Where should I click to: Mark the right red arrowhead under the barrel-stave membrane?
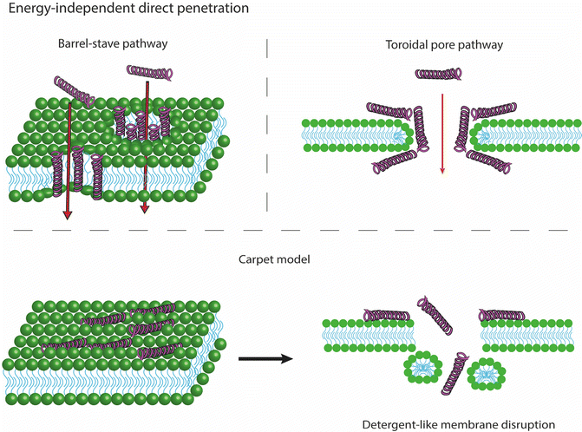pyautogui.click(x=145, y=206)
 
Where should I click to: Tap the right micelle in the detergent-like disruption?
pyautogui.click(x=485, y=376)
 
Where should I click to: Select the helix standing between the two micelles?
pyautogui.click(x=449, y=375)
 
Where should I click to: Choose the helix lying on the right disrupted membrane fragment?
pyautogui.click(x=506, y=315)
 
